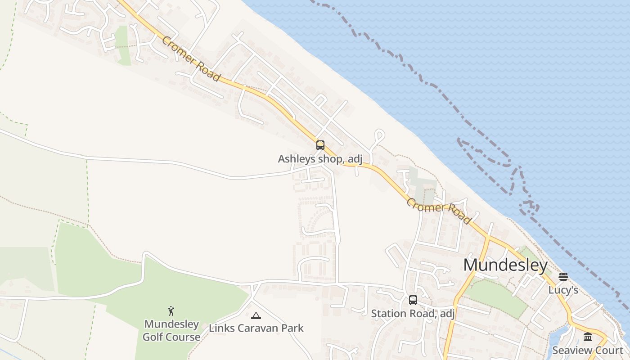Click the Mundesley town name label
pyautogui.click(x=505, y=265)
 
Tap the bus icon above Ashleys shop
pyautogui.click(x=320, y=145)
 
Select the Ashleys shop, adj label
pyautogui.click(x=320, y=159)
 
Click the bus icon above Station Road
pyautogui.click(x=413, y=300)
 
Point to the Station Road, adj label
pyautogui.click(x=413, y=314)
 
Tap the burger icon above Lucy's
pyautogui.click(x=563, y=276)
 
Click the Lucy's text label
pyautogui.click(x=563, y=290)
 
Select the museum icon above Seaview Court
pyautogui.click(x=588, y=337)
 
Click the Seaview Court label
pyautogui.click(x=588, y=351)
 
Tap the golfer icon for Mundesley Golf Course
pyautogui.click(x=171, y=311)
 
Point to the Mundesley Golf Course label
pyautogui.click(x=171, y=331)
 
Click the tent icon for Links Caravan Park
pyautogui.click(x=256, y=315)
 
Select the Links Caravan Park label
pyautogui.click(x=256, y=328)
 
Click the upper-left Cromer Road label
pyautogui.click(x=191, y=59)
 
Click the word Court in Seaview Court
pyautogui.click(x=607, y=351)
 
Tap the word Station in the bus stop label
pyautogui.click(x=387, y=314)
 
